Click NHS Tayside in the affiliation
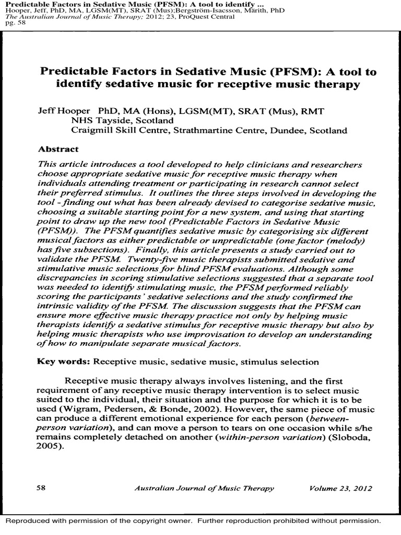(x=96, y=121)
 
